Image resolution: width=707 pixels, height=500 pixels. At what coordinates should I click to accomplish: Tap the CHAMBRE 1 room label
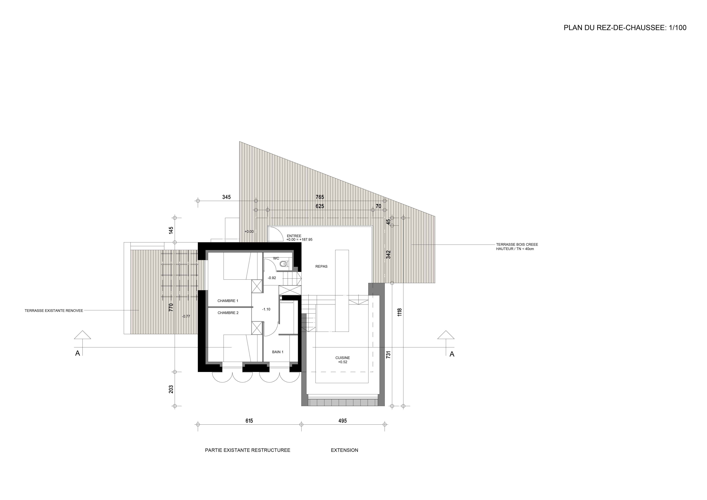(x=228, y=301)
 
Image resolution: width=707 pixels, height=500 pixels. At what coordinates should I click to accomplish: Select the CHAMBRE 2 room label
(x=228, y=313)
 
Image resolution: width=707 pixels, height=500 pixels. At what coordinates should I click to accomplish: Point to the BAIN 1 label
(x=278, y=352)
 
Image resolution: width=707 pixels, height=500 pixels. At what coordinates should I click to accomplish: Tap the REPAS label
(x=322, y=266)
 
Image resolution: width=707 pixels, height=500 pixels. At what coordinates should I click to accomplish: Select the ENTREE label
(x=294, y=236)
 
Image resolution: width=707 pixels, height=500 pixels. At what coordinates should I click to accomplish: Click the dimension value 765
(x=320, y=197)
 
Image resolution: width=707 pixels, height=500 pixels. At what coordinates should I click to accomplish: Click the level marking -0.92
(x=272, y=278)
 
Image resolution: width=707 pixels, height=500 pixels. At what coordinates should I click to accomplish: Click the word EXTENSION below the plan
(x=345, y=450)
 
